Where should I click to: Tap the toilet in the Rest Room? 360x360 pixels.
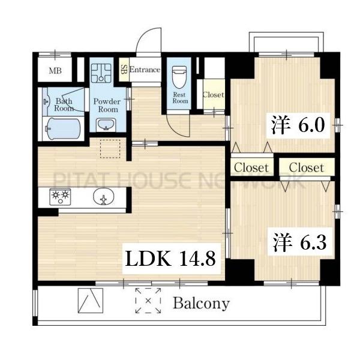(x=179, y=77)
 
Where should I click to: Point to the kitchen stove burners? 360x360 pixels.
(x=59, y=196)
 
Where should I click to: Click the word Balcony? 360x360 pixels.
(x=201, y=303)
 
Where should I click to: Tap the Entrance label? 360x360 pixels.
(x=145, y=70)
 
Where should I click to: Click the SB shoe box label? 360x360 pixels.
(x=124, y=70)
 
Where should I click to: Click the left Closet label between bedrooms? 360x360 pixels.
(x=251, y=167)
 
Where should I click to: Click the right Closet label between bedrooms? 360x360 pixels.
(x=305, y=167)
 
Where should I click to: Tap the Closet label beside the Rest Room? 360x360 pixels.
(x=213, y=95)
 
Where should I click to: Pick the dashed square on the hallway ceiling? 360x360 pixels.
(x=110, y=148)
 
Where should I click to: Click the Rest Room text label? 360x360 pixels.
(x=180, y=98)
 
